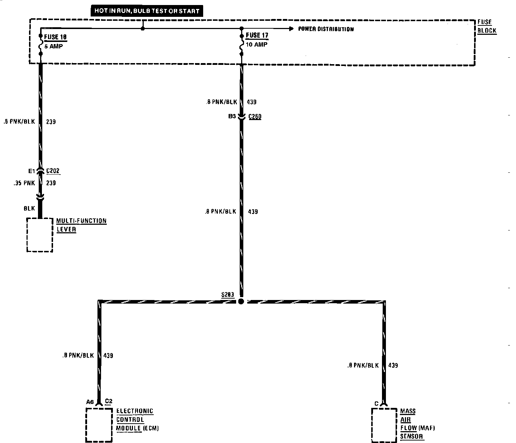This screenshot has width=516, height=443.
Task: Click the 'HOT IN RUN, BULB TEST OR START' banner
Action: point(147,11)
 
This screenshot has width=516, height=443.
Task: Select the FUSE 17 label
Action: point(257,36)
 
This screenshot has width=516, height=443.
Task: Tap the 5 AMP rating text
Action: point(53,46)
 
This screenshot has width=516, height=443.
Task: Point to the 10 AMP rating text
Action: point(257,45)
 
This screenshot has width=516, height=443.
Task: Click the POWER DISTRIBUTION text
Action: point(326,29)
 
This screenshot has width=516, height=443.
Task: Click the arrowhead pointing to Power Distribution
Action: point(291,29)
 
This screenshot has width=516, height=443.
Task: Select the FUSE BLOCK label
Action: point(487,27)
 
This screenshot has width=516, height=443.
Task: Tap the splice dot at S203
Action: point(241,301)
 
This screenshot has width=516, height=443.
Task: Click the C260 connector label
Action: point(255,116)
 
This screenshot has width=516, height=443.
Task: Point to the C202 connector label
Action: point(53,171)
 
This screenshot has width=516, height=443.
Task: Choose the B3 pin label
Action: point(232,116)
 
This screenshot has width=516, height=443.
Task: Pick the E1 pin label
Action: point(31,171)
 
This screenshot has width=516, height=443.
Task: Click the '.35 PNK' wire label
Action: point(24,183)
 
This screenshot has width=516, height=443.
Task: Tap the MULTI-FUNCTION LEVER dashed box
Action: point(40,235)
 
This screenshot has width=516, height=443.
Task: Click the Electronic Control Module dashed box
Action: point(99,425)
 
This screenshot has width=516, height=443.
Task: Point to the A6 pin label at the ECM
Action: point(90,402)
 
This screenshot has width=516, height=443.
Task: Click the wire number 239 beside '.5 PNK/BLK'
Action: point(51,122)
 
